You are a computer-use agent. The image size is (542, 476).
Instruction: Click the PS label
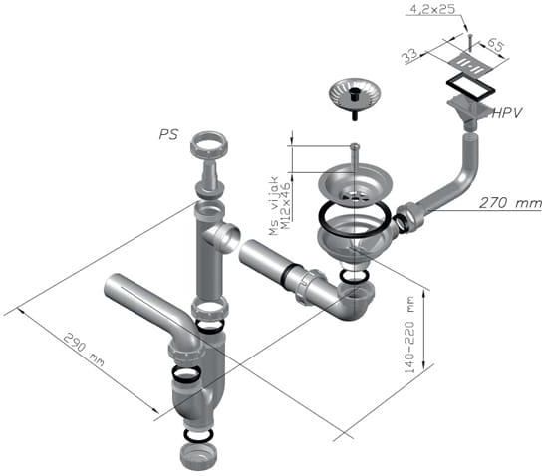168,134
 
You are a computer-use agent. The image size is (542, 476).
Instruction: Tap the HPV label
507,113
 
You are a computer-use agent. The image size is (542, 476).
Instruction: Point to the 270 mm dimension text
510,203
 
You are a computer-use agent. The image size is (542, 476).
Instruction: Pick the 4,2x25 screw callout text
432,9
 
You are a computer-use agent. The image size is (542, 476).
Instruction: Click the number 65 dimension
495,45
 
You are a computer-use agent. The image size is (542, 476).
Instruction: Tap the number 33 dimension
410,56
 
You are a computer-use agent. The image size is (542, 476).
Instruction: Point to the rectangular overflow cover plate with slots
472,63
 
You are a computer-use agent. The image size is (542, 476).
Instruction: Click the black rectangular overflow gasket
470,86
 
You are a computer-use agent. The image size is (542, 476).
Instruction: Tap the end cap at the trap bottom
198,456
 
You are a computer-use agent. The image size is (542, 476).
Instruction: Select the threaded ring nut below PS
209,144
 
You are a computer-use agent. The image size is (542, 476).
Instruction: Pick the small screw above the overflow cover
469,42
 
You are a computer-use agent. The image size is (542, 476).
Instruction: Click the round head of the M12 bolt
355,147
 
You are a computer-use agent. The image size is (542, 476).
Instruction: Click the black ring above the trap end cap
198,434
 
